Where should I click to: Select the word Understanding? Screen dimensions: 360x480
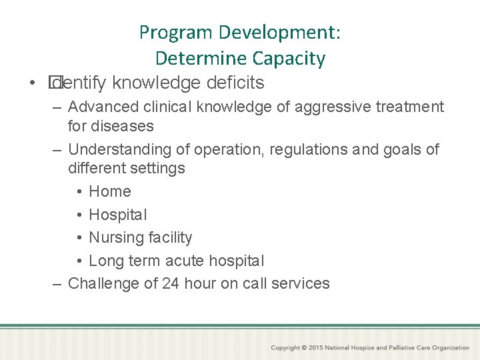111,149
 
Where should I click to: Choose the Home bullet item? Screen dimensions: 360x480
110,191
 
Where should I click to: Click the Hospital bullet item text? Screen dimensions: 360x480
118,215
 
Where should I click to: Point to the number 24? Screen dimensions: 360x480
171,283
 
